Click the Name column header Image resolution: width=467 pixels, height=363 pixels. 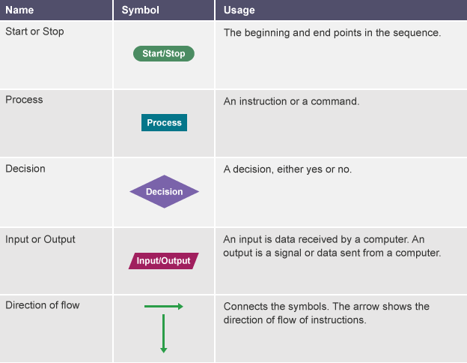tap(19, 10)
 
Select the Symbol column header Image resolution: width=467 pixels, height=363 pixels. tap(140, 10)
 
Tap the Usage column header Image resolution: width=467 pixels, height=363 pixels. tap(239, 10)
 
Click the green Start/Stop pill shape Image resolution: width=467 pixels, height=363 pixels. tap(164, 54)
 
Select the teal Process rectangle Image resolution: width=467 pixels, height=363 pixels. tap(164, 122)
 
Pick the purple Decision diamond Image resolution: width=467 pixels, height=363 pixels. tap(164, 192)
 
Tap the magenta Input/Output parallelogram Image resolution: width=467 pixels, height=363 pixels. tap(163, 261)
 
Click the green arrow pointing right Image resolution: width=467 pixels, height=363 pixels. tap(163, 306)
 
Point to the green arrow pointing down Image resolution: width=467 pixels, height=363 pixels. tap(163, 334)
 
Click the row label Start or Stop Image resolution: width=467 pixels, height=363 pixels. tap(34, 31)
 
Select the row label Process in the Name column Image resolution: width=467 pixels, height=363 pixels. tap(24, 100)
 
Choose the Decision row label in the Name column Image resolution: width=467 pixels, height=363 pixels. tap(25, 169)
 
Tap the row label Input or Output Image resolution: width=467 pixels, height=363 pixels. tap(40, 239)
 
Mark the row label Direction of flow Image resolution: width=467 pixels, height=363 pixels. tap(43, 305)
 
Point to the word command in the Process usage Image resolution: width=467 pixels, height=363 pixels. tap(335, 101)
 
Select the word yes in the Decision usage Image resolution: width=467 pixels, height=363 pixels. tap(314, 169)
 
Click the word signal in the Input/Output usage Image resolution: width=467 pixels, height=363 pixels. tap(288, 253)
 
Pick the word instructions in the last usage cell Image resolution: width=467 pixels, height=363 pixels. tap(338, 320)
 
